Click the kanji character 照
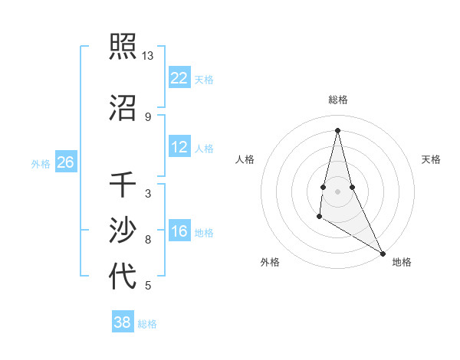pos(123,47)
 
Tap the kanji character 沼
pos(123,108)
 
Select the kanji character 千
pos(123,186)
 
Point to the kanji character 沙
pos(123,231)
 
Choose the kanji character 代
pos(123,276)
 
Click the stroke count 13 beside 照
pos(147,56)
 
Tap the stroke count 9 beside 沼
pos(147,116)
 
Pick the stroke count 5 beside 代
pos(147,286)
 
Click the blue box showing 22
pos(179,77)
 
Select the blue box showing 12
pos(179,147)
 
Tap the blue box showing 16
pos(179,231)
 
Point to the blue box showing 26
pos(66,162)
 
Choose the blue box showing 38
pos(123,322)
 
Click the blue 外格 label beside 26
pos(41,163)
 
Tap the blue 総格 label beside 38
pos(147,324)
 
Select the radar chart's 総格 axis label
pos(337,100)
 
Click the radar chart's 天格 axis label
pos(431,159)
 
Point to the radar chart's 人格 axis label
pos(245,159)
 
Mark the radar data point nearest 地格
pos(383,254)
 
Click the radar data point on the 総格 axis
pos(337,130)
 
